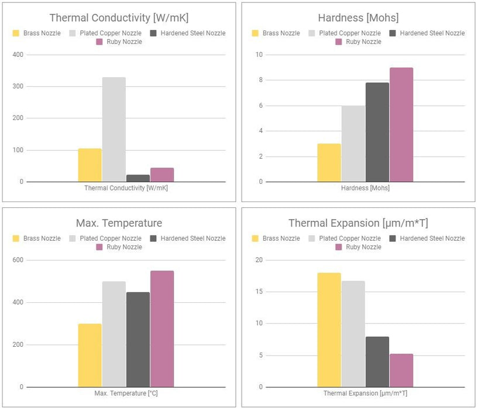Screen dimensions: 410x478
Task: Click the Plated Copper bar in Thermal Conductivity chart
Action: [114, 129]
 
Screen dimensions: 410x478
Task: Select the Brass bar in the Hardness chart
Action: [329, 163]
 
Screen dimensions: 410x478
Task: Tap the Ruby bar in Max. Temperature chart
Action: [162, 329]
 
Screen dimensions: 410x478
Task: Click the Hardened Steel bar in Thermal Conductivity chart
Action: [138, 178]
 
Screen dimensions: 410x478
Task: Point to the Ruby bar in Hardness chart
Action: [401, 125]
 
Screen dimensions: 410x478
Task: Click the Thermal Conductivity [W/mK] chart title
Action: [119, 18]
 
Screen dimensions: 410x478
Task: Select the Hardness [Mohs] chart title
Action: [358, 18]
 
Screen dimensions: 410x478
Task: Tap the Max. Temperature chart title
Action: [119, 223]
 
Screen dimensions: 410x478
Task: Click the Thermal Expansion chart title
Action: [358, 223]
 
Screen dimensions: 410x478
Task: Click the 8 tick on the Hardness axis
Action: [260, 80]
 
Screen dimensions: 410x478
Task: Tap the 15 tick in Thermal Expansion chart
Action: [259, 292]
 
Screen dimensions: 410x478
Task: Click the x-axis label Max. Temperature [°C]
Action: [126, 393]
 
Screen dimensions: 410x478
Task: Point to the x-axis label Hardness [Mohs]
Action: [365, 188]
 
